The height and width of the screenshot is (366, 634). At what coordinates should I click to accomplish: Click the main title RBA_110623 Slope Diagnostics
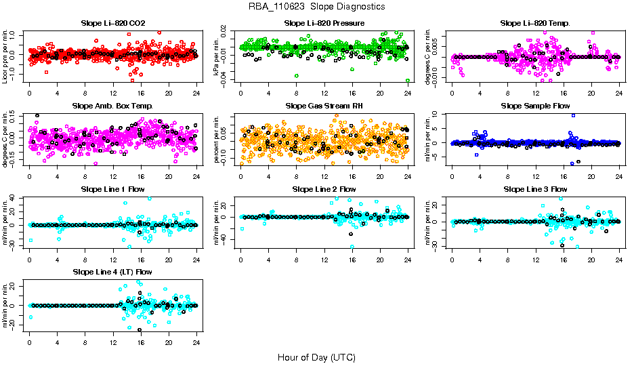tap(316, 6)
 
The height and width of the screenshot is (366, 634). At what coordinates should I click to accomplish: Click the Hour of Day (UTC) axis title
tap(316, 357)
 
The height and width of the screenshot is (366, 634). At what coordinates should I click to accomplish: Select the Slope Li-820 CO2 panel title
tap(112, 23)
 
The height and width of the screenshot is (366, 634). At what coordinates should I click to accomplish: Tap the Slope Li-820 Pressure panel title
tap(324, 23)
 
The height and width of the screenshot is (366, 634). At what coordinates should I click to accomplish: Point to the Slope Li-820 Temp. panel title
tap(535, 23)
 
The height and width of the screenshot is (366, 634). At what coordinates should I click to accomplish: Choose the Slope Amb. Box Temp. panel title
tap(112, 106)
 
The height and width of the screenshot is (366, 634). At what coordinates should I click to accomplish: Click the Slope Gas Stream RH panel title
tap(324, 106)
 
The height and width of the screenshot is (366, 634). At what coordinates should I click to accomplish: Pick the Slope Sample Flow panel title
tap(535, 106)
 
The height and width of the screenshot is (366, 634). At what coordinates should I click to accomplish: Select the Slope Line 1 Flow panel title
tap(112, 189)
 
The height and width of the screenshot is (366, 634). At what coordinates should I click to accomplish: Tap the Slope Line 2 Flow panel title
tap(324, 189)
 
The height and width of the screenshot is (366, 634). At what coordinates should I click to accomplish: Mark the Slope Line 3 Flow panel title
tap(535, 189)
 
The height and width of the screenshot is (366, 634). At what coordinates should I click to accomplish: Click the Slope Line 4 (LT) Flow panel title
tap(112, 272)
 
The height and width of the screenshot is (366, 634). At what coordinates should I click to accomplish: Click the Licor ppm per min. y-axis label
tap(5, 56)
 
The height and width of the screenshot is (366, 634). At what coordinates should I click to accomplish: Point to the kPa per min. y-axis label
tap(217, 56)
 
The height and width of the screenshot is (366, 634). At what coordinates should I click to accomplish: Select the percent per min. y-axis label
tap(217, 139)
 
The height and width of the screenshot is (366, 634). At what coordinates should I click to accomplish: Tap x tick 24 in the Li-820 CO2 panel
tap(196, 94)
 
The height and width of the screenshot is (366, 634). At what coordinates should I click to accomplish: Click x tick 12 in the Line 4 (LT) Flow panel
tap(113, 342)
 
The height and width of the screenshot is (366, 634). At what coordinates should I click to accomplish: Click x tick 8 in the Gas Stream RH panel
tap(297, 176)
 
